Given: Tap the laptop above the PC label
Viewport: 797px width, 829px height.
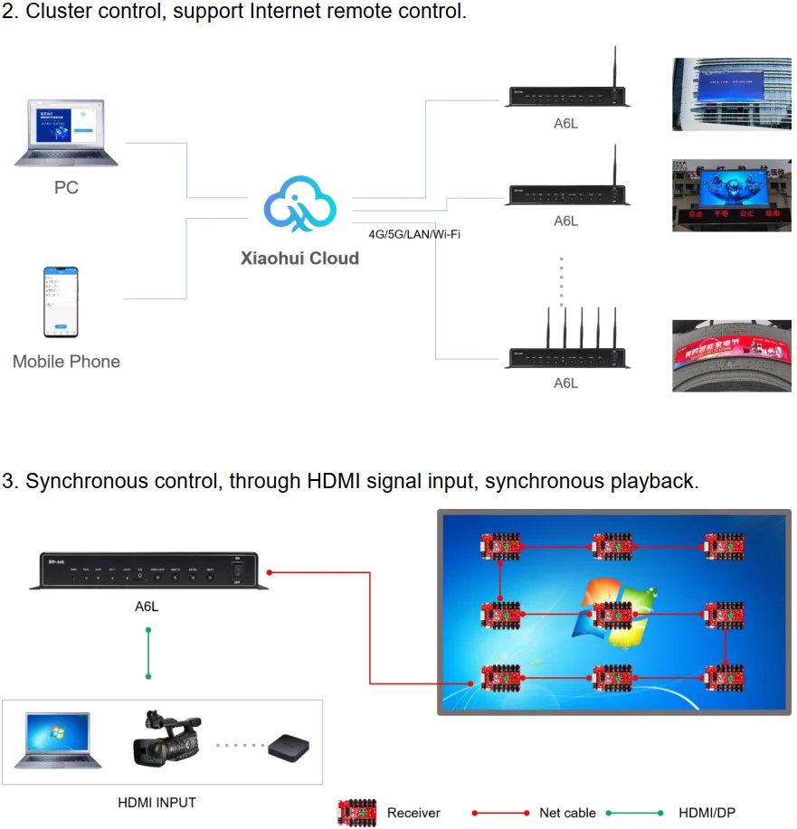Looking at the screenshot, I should pyautogui.click(x=66, y=134).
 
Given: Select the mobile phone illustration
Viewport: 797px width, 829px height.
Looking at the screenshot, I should pyautogui.click(x=62, y=303).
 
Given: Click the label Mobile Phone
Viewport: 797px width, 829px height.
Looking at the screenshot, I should pyautogui.click(x=66, y=362).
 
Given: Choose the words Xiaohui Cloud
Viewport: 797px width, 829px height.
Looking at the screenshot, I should pyautogui.click(x=299, y=259).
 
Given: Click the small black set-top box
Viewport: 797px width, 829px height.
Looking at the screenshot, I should pyautogui.click(x=289, y=747).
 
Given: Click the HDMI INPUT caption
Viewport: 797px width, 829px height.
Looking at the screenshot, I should pyautogui.click(x=157, y=803).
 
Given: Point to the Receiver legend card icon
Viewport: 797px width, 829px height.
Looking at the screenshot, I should pyautogui.click(x=357, y=811).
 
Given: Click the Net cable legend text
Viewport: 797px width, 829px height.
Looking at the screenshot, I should pyautogui.click(x=567, y=813).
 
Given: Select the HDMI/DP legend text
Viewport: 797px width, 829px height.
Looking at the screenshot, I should pyautogui.click(x=707, y=813).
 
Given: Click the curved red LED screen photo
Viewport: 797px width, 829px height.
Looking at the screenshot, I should pyautogui.click(x=731, y=355).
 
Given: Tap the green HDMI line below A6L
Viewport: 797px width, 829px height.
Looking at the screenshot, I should pyautogui.click(x=148, y=652).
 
